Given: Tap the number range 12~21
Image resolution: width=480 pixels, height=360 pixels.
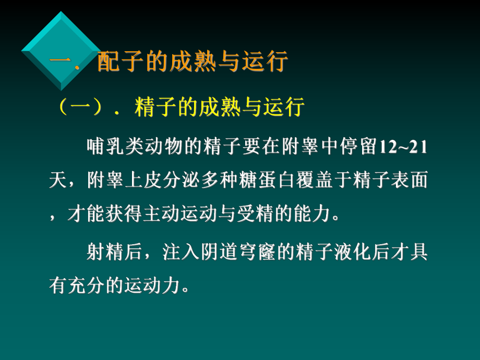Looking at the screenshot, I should [x=402, y=148].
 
